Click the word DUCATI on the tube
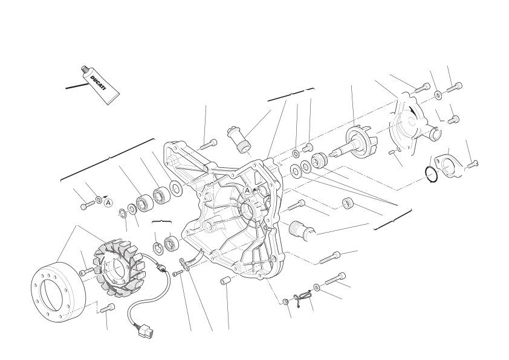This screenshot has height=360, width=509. click(x=98, y=83)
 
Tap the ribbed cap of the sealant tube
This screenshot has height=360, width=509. click(x=85, y=69)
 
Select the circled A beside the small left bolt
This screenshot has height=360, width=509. click(x=108, y=203)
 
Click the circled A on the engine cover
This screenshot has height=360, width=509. click(x=247, y=190)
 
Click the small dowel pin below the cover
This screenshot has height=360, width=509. click(x=224, y=280)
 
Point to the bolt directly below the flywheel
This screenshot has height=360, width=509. click(x=108, y=308)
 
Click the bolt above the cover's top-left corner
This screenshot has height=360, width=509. click(x=208, y=144)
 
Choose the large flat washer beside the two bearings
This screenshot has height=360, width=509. click(x=177, y=188)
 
